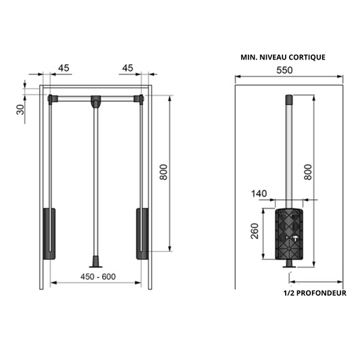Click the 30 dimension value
21,109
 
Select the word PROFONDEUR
322,292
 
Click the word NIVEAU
268,57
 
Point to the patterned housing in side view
290,234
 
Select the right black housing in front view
142,234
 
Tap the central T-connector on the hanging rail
95,102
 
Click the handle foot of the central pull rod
95,259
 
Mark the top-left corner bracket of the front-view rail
51,99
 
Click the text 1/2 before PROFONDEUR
290,292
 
